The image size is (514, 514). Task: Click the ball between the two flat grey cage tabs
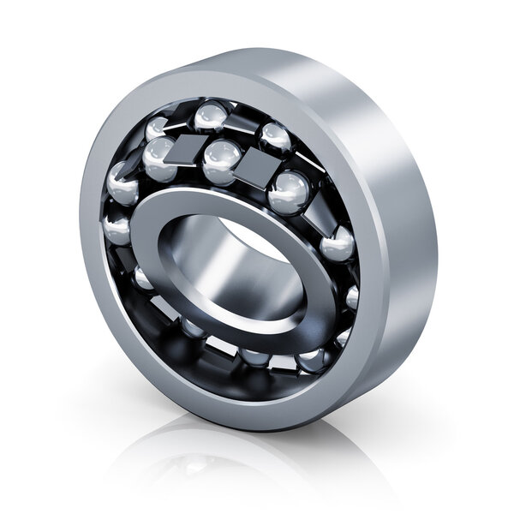222,158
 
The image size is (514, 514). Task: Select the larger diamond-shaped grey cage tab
256,167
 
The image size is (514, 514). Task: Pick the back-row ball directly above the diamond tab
275,137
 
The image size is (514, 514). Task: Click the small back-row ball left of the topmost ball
157,128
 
